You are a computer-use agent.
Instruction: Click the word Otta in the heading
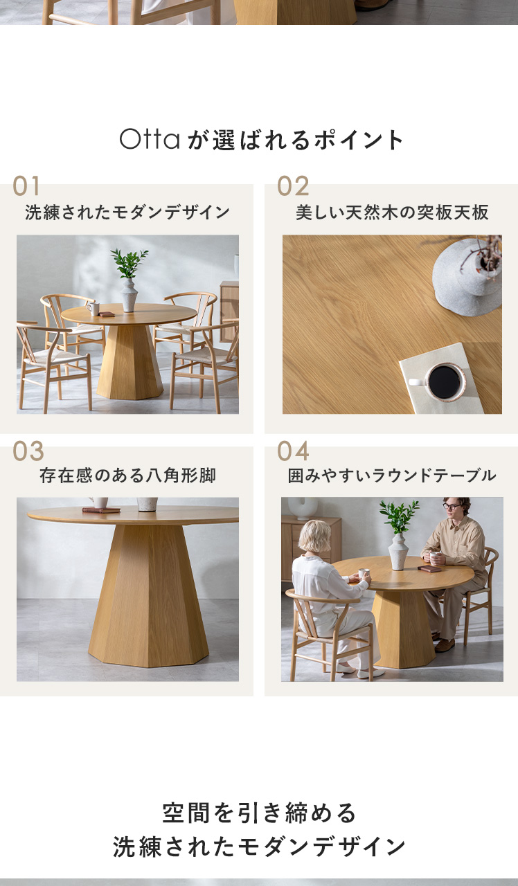pos(150,139)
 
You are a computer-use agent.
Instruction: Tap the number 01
pos(26,186)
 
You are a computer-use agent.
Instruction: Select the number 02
pos(293,186)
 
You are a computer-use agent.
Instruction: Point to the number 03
pos(28,451)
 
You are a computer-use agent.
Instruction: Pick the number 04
pos(293,451)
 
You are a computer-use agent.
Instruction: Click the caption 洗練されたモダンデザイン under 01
pos(127,213)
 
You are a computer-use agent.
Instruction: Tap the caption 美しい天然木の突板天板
pos(392,213)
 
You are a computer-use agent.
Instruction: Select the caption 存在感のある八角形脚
pos(127,476)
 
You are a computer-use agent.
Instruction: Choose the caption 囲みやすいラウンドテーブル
pos(392,476)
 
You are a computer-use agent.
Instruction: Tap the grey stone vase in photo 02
pos(467,277)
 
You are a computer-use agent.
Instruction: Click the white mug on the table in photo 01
pos(93,309)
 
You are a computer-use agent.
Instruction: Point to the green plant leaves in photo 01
pos(129,262)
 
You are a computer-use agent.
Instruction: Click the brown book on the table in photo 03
pos(101,510)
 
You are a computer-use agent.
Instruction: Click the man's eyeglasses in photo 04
pos(452,506)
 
